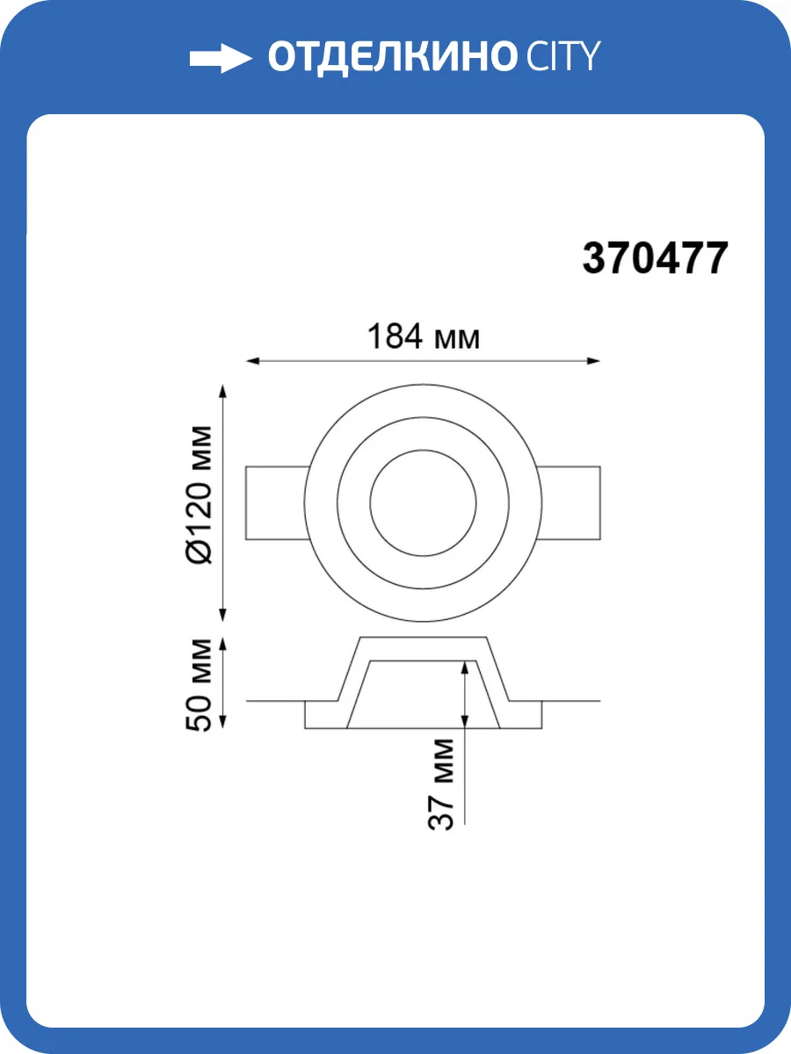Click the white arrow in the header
[x=221, y=58]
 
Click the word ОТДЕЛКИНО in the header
[x=391, y=58]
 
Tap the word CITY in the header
[x=563, y=57]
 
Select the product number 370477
[x=655, y=258]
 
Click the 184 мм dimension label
[x=423, y=336]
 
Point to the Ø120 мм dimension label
[x=199, y=495]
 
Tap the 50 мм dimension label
[x=199, y=685]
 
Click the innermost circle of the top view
[x=423, y=450]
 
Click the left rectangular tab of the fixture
[x=276, y=502]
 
